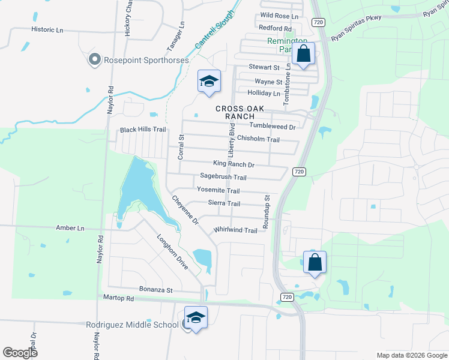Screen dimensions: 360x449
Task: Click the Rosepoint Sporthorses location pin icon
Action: [x=94, y=60]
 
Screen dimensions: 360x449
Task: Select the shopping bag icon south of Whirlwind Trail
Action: [x=315, y=262]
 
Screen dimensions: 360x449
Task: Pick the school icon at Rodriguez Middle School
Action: [x=196, y=318]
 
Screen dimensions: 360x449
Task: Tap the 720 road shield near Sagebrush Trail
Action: [x=300, y=172]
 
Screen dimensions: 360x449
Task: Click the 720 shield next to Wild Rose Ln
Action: [x=318, y=21]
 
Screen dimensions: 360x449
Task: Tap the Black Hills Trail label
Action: [x=143, y=130]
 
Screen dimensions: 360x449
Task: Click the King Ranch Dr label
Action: [x=234, y=164]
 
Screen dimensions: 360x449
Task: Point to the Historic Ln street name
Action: [x=47, y=29]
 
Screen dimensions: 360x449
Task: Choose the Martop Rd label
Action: [x=118, y=298]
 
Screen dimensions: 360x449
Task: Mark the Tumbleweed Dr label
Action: [x=273, y=127]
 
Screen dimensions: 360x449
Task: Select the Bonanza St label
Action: [x=156, y=290]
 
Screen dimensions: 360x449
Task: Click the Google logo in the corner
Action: [x=20, y=353]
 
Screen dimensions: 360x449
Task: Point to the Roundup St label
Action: [x=267, y=214]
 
